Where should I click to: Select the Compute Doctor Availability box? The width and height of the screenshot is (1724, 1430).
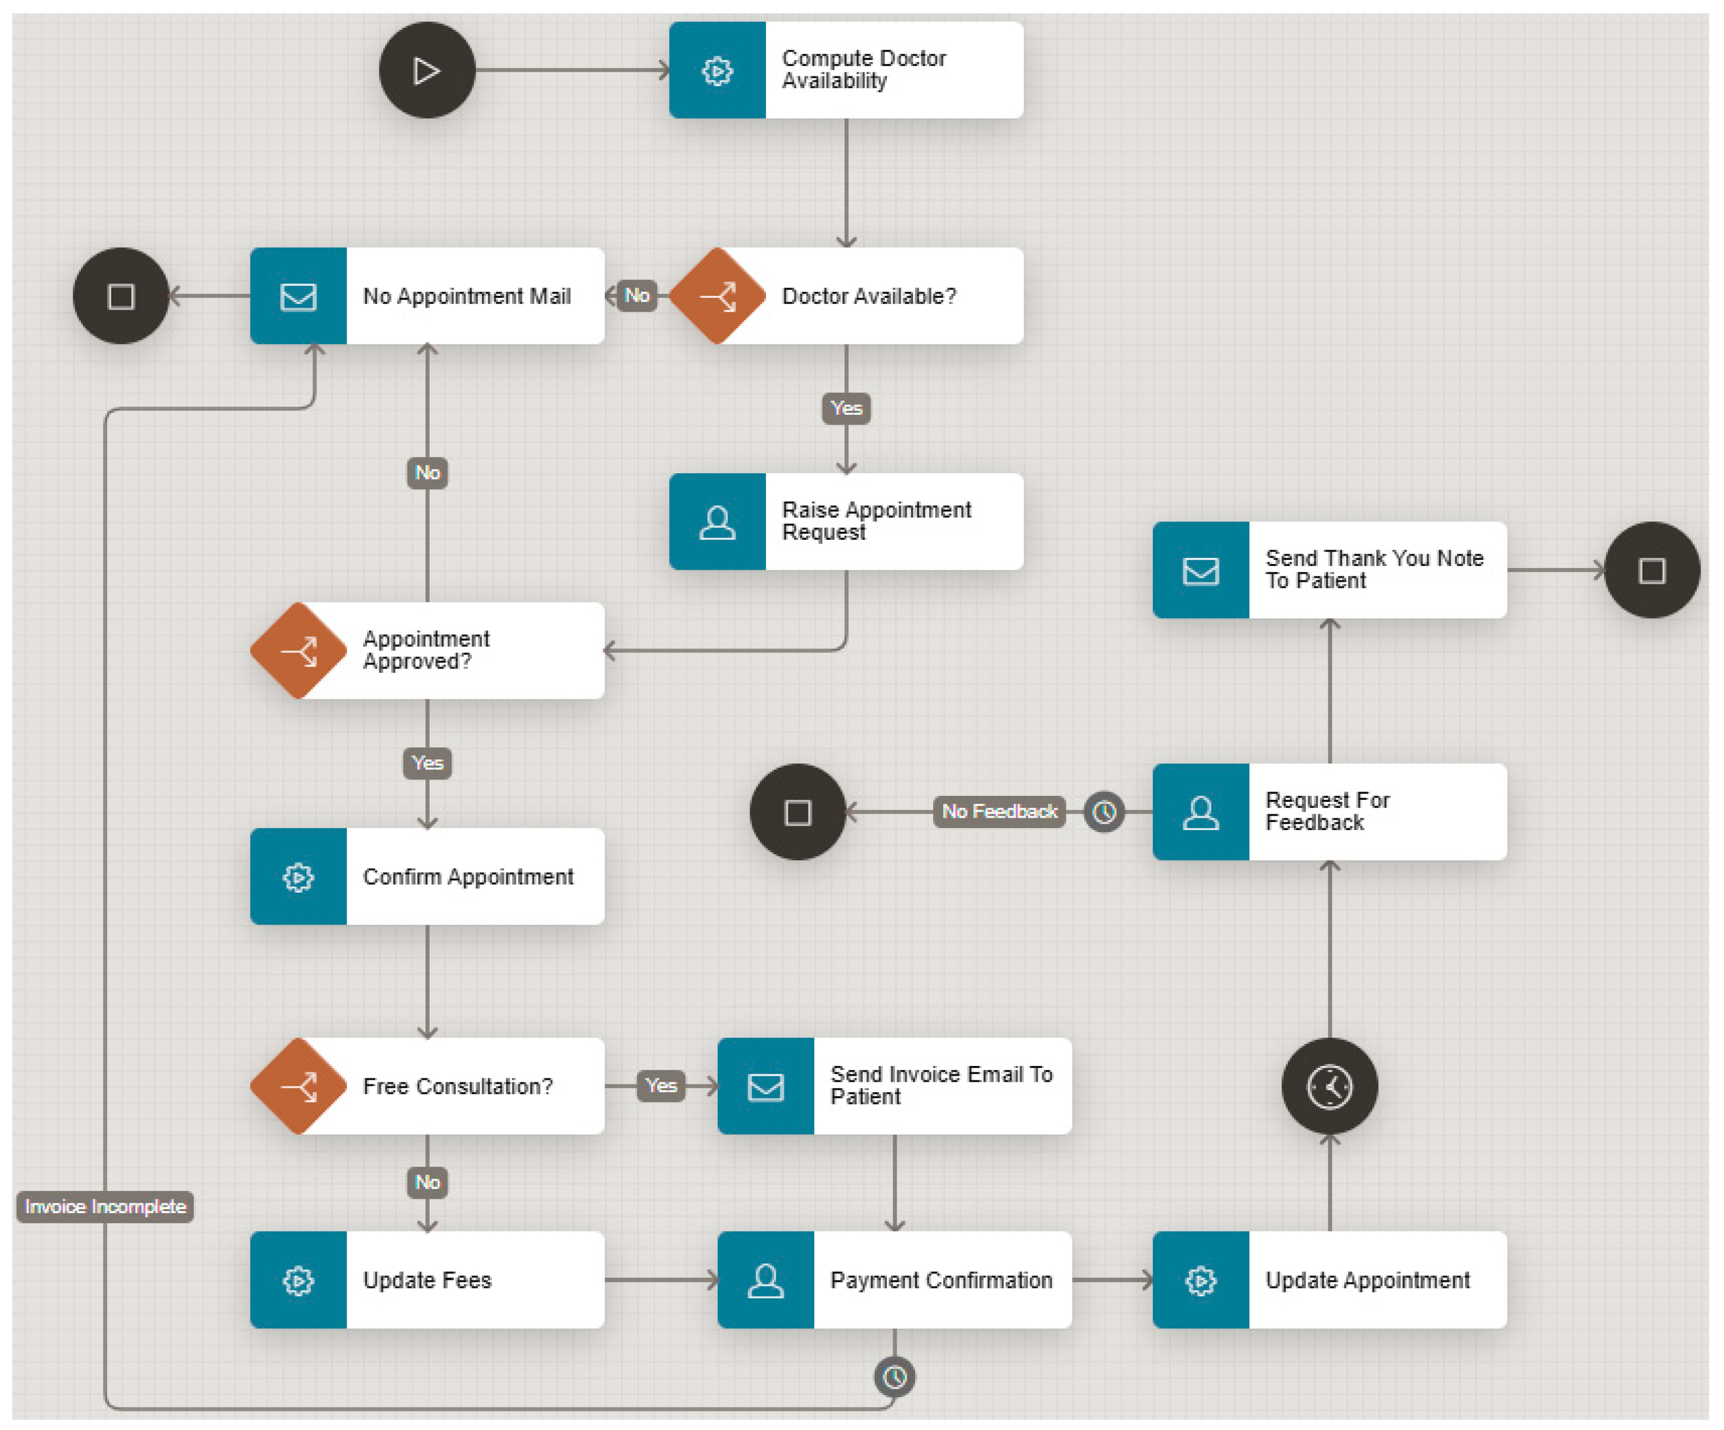(x=845, y=70)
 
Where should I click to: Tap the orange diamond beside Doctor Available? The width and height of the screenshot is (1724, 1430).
(x=717, y=295)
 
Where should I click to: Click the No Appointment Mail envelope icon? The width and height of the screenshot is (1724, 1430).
(x=298, y=295)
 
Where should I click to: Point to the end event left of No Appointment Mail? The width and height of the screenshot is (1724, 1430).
(x=120, y=295)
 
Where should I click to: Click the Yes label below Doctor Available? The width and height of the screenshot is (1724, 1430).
(x=845, y=408)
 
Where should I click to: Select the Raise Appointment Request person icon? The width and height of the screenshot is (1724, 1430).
(x=717, y=521)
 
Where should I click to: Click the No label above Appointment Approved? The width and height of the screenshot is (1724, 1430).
(x=427, y=473)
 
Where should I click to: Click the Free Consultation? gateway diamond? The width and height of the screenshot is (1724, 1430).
(x=298, y=1085)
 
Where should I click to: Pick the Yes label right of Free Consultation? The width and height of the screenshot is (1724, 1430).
(x=661, y=1085)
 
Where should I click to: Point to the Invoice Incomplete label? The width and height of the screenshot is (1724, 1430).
(x=105, y=1207)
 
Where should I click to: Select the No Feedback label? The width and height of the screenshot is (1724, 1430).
(x=999, y=812)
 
